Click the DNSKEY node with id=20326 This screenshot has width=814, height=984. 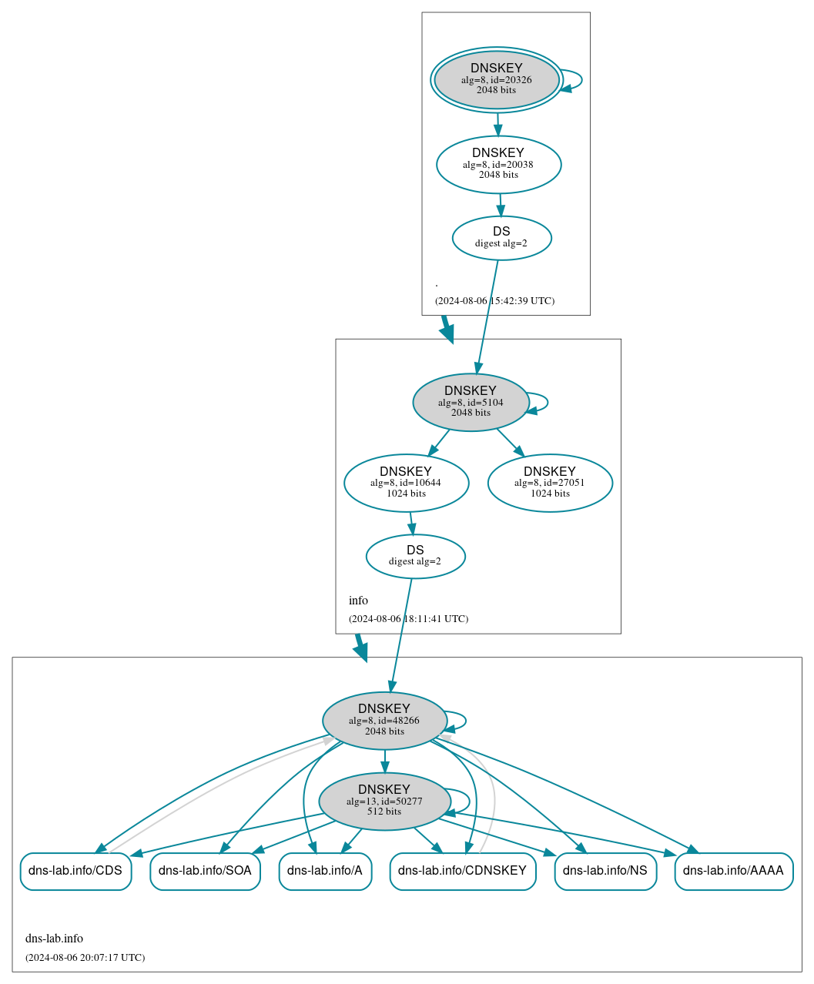click(497, 79)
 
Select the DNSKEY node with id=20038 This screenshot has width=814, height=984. click(498, 164)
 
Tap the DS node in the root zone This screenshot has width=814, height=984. click(501, 238)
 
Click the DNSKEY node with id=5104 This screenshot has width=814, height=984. click(471, 402)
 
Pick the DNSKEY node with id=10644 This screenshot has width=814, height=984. click(406, 483)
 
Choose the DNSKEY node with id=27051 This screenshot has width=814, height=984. click(550, 483)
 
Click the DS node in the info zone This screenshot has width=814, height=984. click(415, 556)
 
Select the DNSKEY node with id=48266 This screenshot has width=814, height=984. click(384, 720)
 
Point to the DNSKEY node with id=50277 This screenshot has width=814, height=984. click(384, 801)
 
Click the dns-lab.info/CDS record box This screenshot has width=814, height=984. click(75, 871)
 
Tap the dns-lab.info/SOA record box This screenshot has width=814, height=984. click(205, 871)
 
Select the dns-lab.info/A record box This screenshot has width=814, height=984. click(325, 871)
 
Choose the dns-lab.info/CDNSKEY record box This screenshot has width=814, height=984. click(462, 871)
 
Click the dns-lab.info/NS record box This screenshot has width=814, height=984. click(605, 871)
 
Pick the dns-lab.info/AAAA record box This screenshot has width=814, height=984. click(733, 871)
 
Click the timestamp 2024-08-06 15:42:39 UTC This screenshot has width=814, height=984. click(494, 300)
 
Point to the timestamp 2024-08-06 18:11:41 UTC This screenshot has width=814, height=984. click(408, 618)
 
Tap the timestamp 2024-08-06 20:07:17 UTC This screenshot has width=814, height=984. click(85, 957)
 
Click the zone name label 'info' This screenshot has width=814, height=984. click(358, 600)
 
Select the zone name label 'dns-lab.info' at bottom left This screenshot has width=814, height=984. click(54, 938)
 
